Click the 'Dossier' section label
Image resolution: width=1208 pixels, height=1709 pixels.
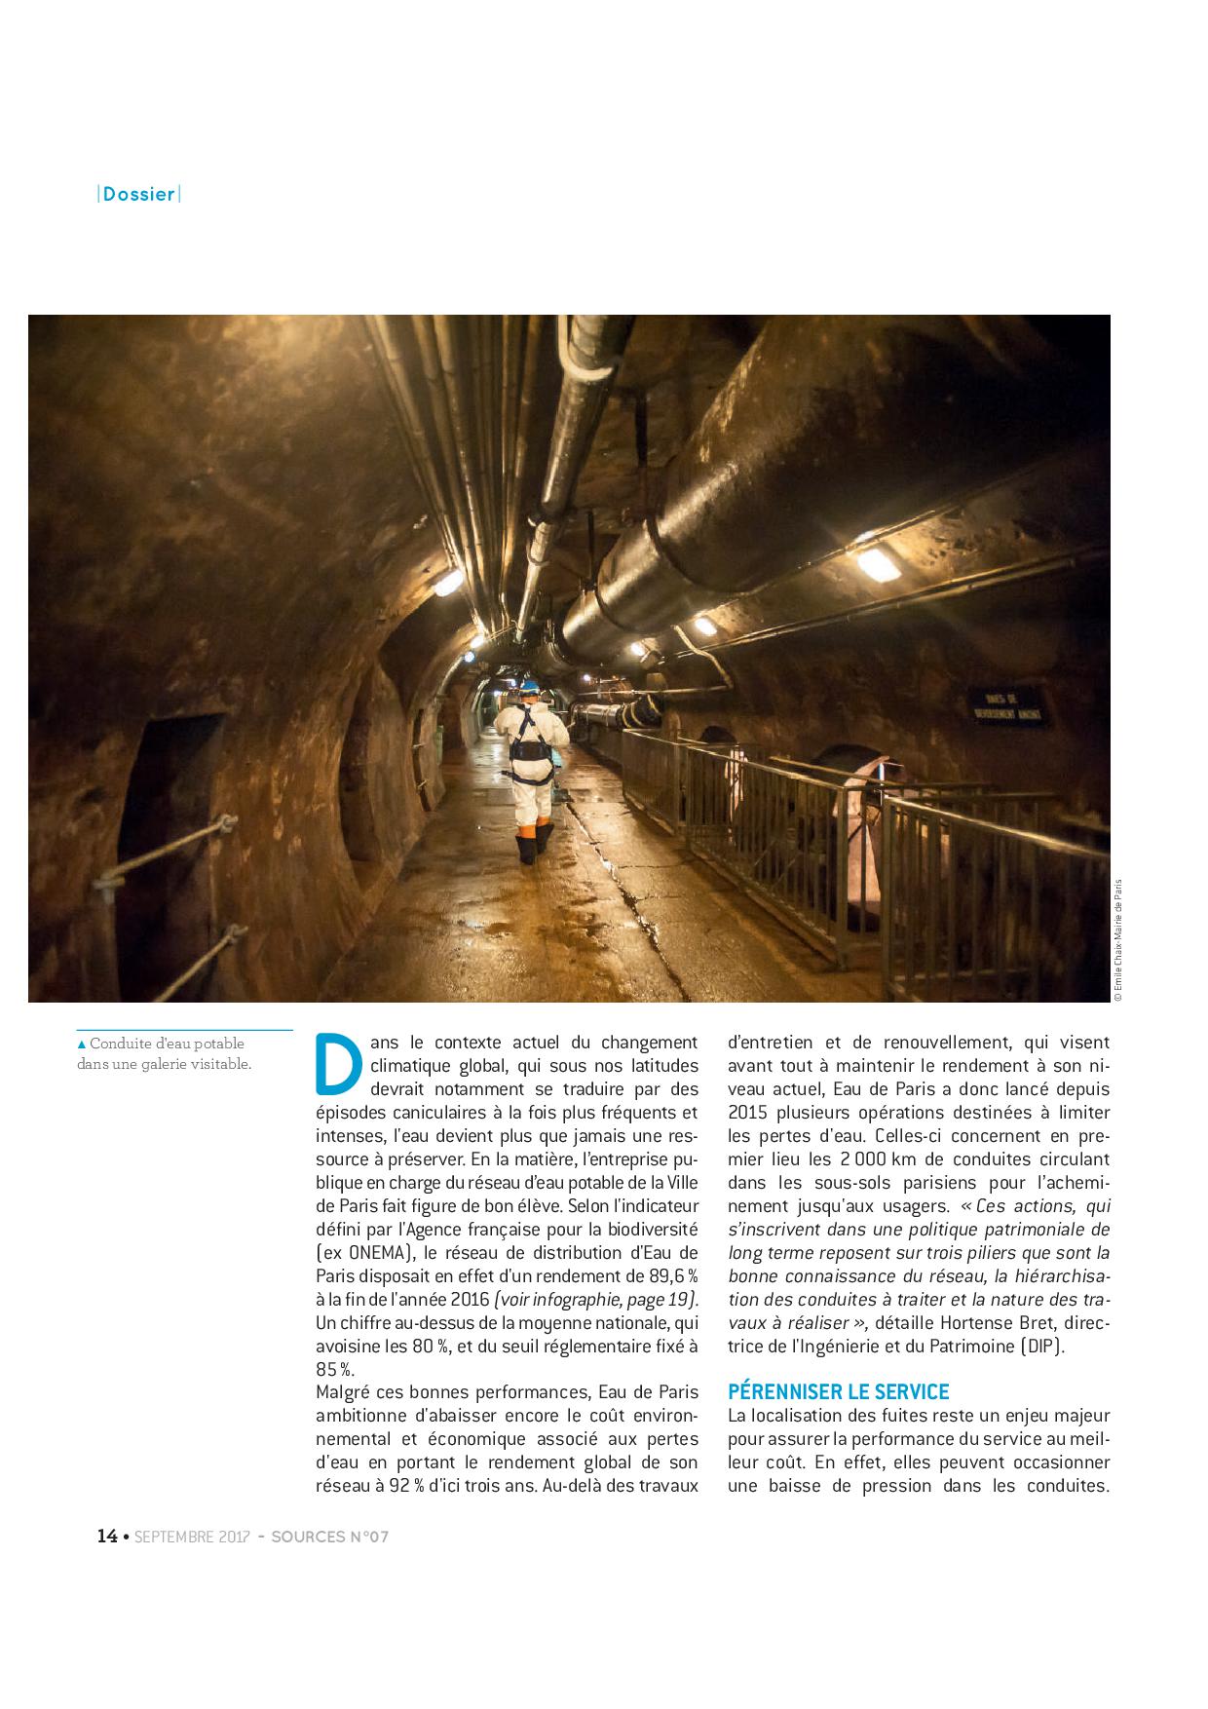139,194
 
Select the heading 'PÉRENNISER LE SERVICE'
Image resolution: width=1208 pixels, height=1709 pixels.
838,1391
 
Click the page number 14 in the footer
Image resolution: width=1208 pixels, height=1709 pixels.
107,1537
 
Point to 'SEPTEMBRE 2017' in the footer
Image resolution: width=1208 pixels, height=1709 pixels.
192,1538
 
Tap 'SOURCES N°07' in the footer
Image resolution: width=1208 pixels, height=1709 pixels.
329,1538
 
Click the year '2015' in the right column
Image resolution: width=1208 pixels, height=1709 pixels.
746,1113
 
